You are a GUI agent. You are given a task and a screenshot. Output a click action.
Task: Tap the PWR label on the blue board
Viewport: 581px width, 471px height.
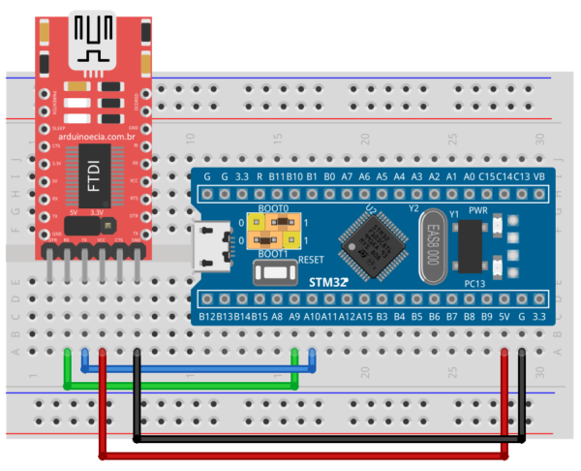[x=478, y=209]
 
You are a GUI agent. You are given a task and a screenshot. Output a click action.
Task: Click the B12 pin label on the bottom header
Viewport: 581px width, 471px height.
[x=206, y=316]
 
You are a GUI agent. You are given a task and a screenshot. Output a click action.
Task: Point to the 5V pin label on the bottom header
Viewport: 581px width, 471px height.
[x=505, y=316]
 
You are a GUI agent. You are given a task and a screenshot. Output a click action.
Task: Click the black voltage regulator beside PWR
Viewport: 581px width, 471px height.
[x=470, y=244]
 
